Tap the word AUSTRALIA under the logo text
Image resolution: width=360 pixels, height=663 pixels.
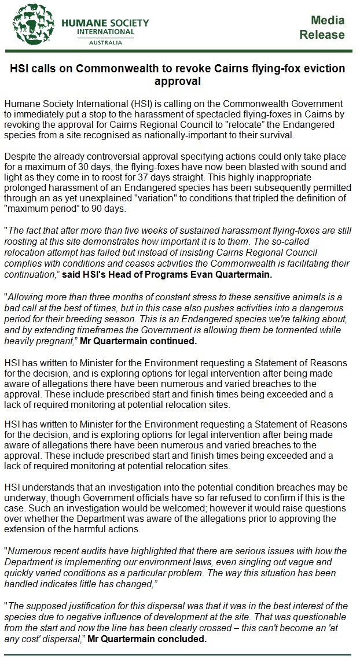pyautogui.click(x=105, y=43)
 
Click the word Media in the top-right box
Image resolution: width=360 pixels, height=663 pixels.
pyautogui.click(x=328, y=20)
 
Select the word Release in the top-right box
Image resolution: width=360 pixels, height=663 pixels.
pyautogui.click(x=322, y=35)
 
